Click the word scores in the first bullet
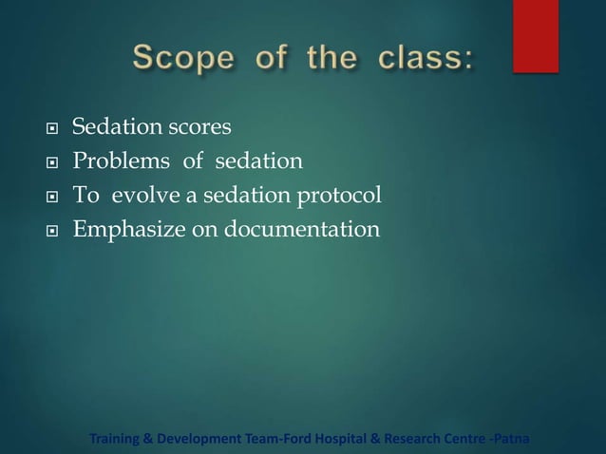(198, 127)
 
